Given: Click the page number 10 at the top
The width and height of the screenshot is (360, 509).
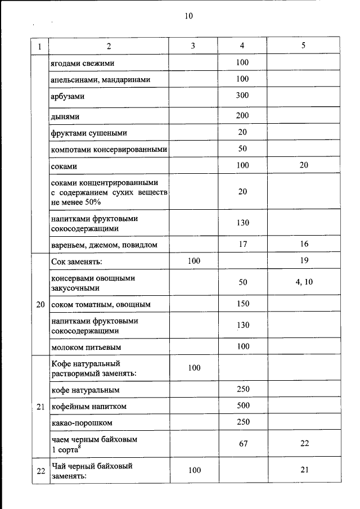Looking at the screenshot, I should coord(188,16).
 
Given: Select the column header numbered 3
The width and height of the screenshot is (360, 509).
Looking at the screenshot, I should coord(192,46).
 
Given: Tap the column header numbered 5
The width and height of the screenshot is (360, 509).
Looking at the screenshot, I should coord(303,46).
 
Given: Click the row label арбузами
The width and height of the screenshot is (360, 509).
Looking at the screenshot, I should coord(67,97).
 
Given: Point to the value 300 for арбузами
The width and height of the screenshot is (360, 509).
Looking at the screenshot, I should coord(242,95).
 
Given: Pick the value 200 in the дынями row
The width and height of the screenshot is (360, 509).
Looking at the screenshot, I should coord(242,115).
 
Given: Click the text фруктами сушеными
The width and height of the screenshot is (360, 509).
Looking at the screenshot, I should coord(88,133).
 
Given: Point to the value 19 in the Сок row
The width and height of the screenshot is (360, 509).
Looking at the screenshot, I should coord(304,262).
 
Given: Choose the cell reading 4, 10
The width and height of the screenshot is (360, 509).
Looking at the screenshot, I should coord(304,282).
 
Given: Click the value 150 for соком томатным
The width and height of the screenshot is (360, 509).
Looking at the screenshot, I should coord(242,304).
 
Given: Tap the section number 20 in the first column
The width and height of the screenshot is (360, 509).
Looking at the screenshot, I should coord(40,305).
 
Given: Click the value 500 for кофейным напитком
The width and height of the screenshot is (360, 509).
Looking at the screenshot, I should coord(242,406).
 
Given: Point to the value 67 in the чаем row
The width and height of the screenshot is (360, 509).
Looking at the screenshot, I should coord(243,444).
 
